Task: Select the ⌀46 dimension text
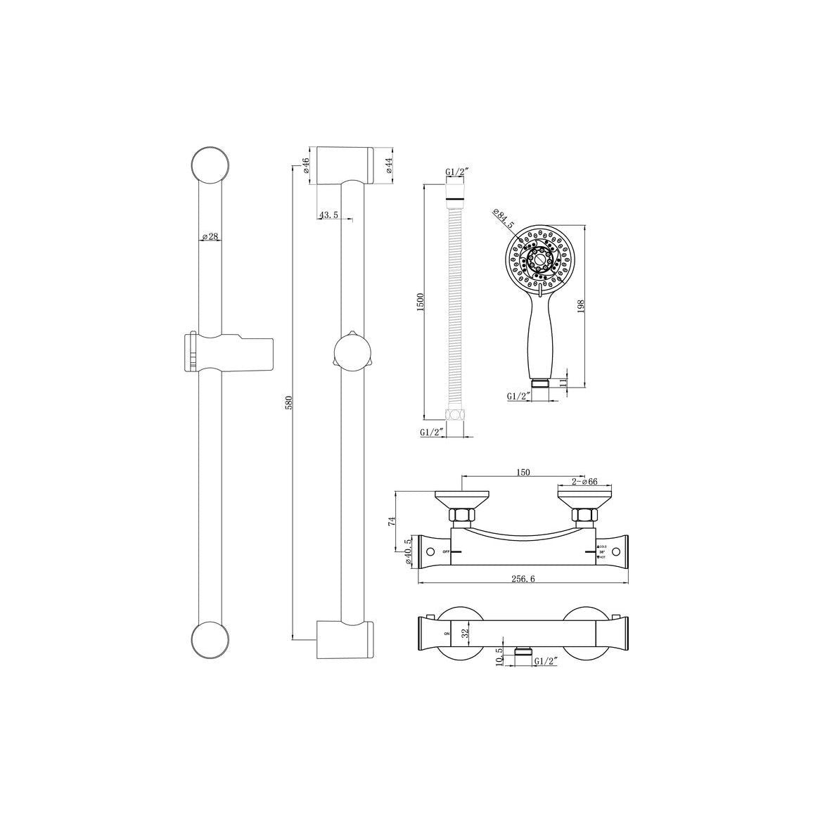307,165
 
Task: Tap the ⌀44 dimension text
388,165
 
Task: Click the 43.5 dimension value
329,215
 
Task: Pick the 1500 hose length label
420,302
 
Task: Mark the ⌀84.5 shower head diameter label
504,219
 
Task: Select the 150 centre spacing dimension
522,473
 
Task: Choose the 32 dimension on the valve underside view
464,633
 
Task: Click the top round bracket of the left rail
210,166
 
